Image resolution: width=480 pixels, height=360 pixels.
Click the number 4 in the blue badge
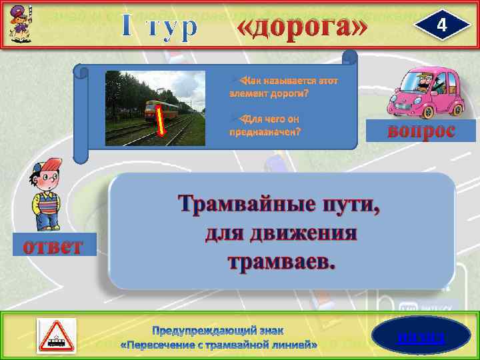tap(439, 25)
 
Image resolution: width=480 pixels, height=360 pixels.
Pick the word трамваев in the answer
tap(280, 261)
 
